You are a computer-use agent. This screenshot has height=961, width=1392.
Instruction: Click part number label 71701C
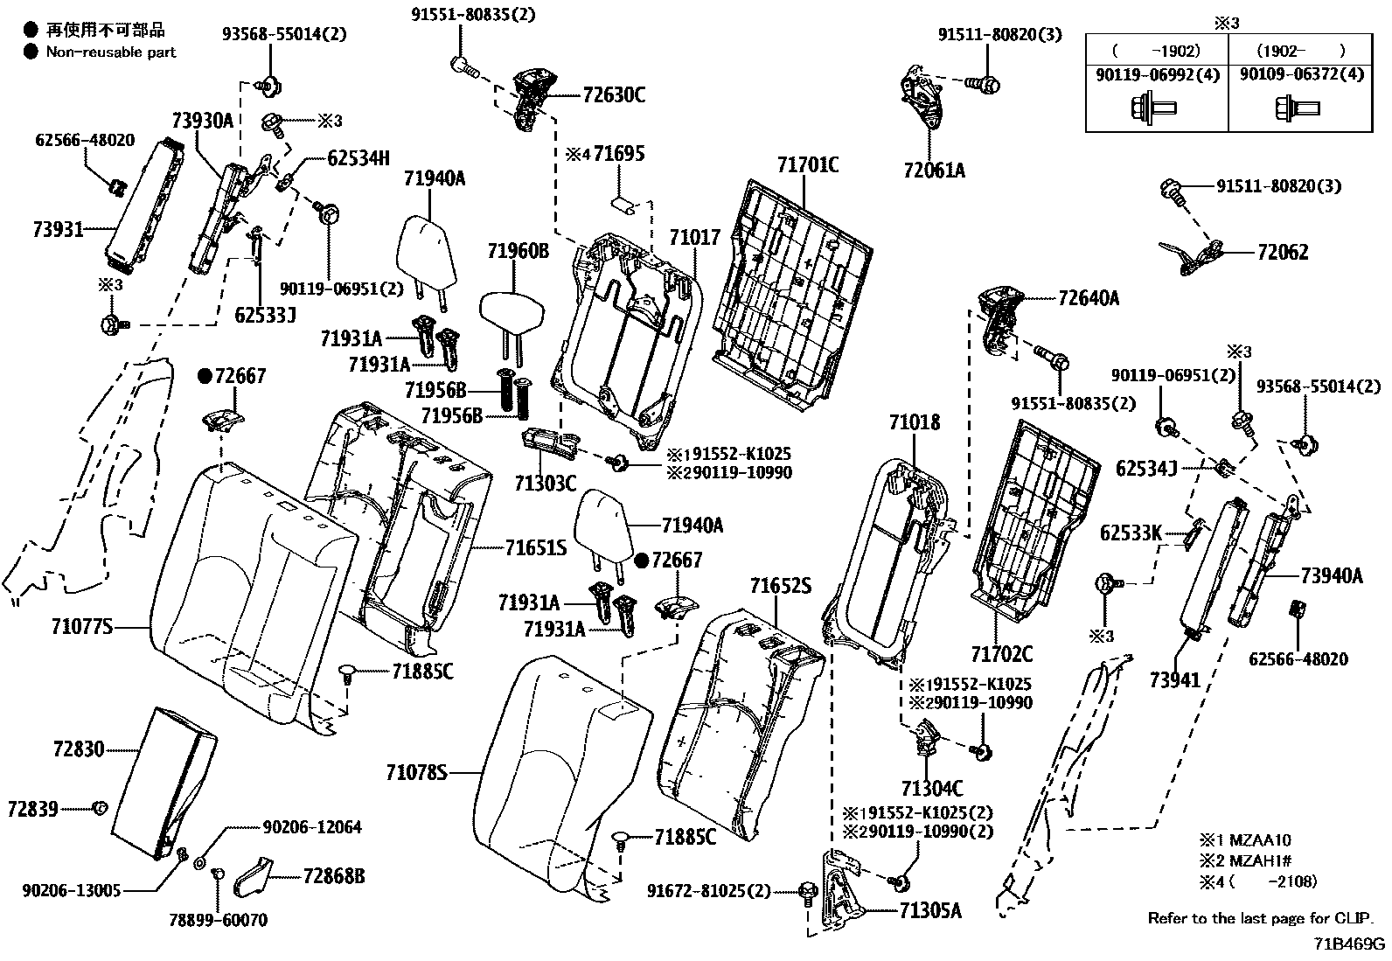coord(808,164)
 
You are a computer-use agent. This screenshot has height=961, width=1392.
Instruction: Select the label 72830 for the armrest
coord(78,749)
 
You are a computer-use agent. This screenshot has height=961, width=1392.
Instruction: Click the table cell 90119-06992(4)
coord(1157,75)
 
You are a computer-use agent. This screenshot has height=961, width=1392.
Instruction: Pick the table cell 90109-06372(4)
coord(1301,75)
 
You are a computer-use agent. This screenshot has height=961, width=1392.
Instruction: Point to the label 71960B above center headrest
coord(519,252)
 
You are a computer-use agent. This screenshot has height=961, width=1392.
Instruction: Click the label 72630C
coord(613,95)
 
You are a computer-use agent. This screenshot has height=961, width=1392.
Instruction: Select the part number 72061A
coord(934,171)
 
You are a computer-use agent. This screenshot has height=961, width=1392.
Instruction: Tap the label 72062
coord(1283,253)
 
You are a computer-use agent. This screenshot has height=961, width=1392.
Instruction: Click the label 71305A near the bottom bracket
coord(930,911)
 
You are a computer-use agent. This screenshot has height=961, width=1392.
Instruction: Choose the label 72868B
coord(334,875)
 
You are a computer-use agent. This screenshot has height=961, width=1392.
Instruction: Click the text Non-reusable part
coord(111,52)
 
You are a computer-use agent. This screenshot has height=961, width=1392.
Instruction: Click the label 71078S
coord(416,772)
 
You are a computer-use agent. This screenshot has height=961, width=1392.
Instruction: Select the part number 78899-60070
coord(218,920)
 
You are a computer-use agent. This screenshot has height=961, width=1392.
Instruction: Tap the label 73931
coord(58,230)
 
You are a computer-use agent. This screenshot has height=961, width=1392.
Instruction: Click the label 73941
coord(1175,679)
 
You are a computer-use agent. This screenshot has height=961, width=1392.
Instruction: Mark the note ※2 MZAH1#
coord(1256,860)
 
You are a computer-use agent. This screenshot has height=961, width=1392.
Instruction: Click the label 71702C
coord(1001,653)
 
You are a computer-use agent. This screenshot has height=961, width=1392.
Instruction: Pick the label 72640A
coord(1088,298)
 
